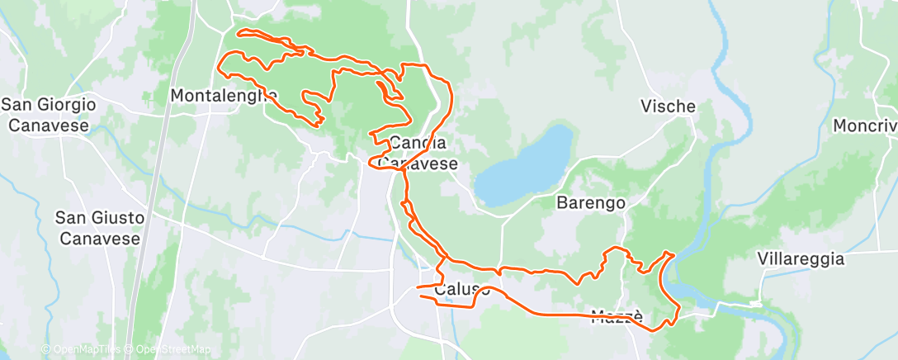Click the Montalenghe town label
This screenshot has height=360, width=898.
click(x=223, y=96)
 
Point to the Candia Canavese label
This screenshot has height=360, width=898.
click(x=419, y=153)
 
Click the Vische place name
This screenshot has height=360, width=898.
click(x=668, y=107)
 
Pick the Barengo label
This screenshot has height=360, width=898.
click(x=590, y=202)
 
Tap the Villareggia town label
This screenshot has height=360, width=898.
click(x=801, y=258)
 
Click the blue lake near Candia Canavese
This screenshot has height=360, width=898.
click(x=524, y=165)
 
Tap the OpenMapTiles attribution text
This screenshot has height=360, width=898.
click(x=80, y=350)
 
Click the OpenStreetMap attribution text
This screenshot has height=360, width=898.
click(x=168, y=350)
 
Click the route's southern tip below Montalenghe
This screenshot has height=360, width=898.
click(x=319, y=124)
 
